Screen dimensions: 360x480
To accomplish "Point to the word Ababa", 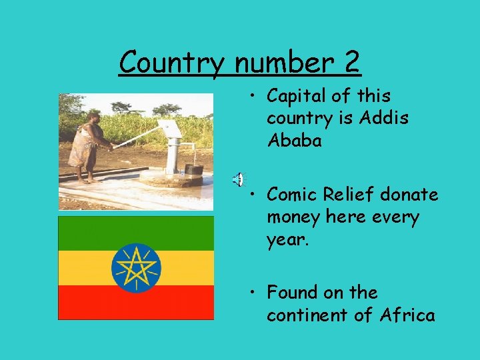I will coord(294,141).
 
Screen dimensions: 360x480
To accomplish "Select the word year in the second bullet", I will coord(286,240).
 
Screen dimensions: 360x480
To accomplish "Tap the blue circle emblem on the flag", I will coord(136,268).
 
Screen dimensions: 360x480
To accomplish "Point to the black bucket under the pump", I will coord(193,170).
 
